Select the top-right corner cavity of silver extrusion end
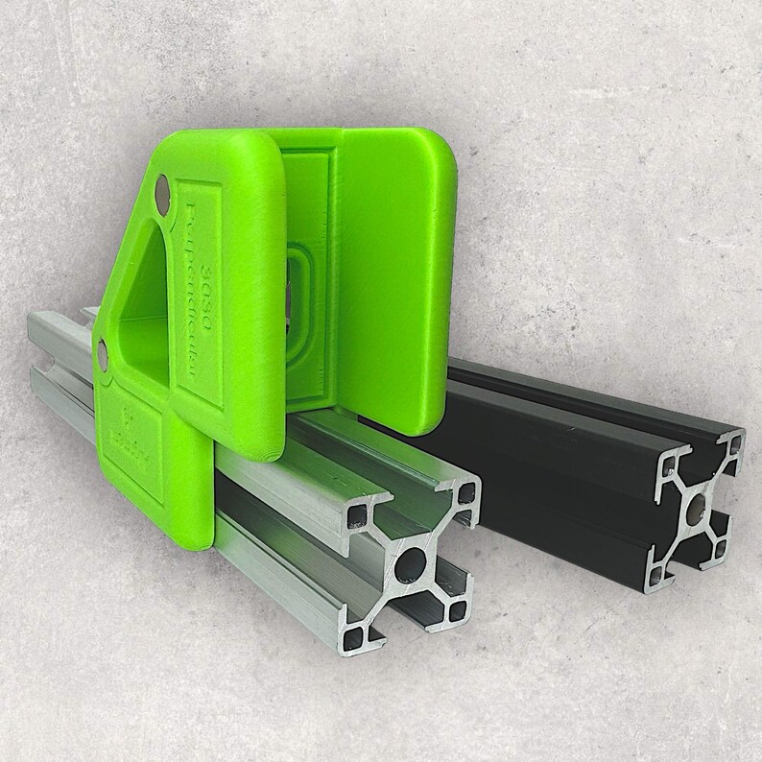pos(466,493)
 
